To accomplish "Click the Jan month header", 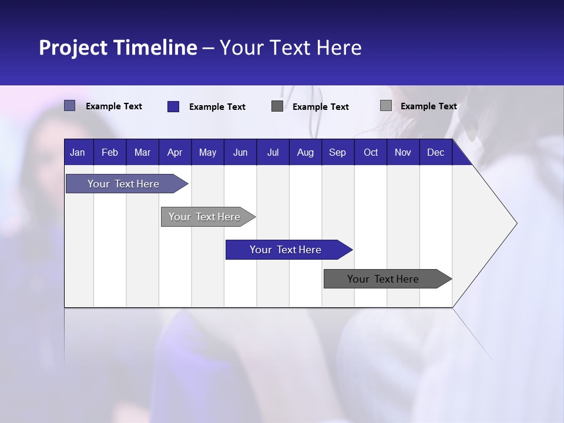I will click(x=78, y=153).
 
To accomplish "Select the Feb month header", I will click(x=110, y=153).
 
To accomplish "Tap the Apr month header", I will click(x=174, y=153).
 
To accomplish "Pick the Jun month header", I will click(x=240, y=153).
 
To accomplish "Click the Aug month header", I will click(x=305, y=153).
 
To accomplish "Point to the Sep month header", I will click(x=337, y=153).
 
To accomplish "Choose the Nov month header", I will click(x=403, y=153).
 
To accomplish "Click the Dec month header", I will click(x=435, y=153).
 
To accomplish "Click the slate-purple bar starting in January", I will click(x=123, y=184).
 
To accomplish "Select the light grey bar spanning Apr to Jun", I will click(x=204, y=217).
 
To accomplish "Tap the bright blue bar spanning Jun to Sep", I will click(x=286, y=250).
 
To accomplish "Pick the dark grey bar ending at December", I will click(x=383, y=279).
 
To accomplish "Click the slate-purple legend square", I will click(x=69, y=106).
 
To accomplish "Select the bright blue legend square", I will click(x=173, y=106).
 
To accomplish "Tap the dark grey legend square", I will click(x=277, y=106).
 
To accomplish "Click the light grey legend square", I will click(x=385, y=106).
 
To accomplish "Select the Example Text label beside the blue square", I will click(x=217, y=107).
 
